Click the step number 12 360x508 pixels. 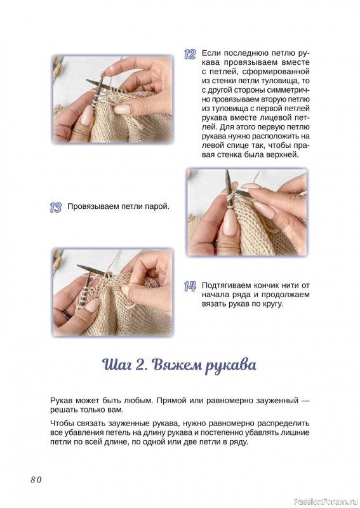tap(190, 54)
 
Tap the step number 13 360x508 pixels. tap(56, 208)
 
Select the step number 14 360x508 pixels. tap(190, 286)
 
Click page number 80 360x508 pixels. tap(36, 479)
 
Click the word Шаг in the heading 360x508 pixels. tap(117, 364)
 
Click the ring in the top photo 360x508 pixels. tap(152, 86)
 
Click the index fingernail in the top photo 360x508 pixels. tap(123, 109)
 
